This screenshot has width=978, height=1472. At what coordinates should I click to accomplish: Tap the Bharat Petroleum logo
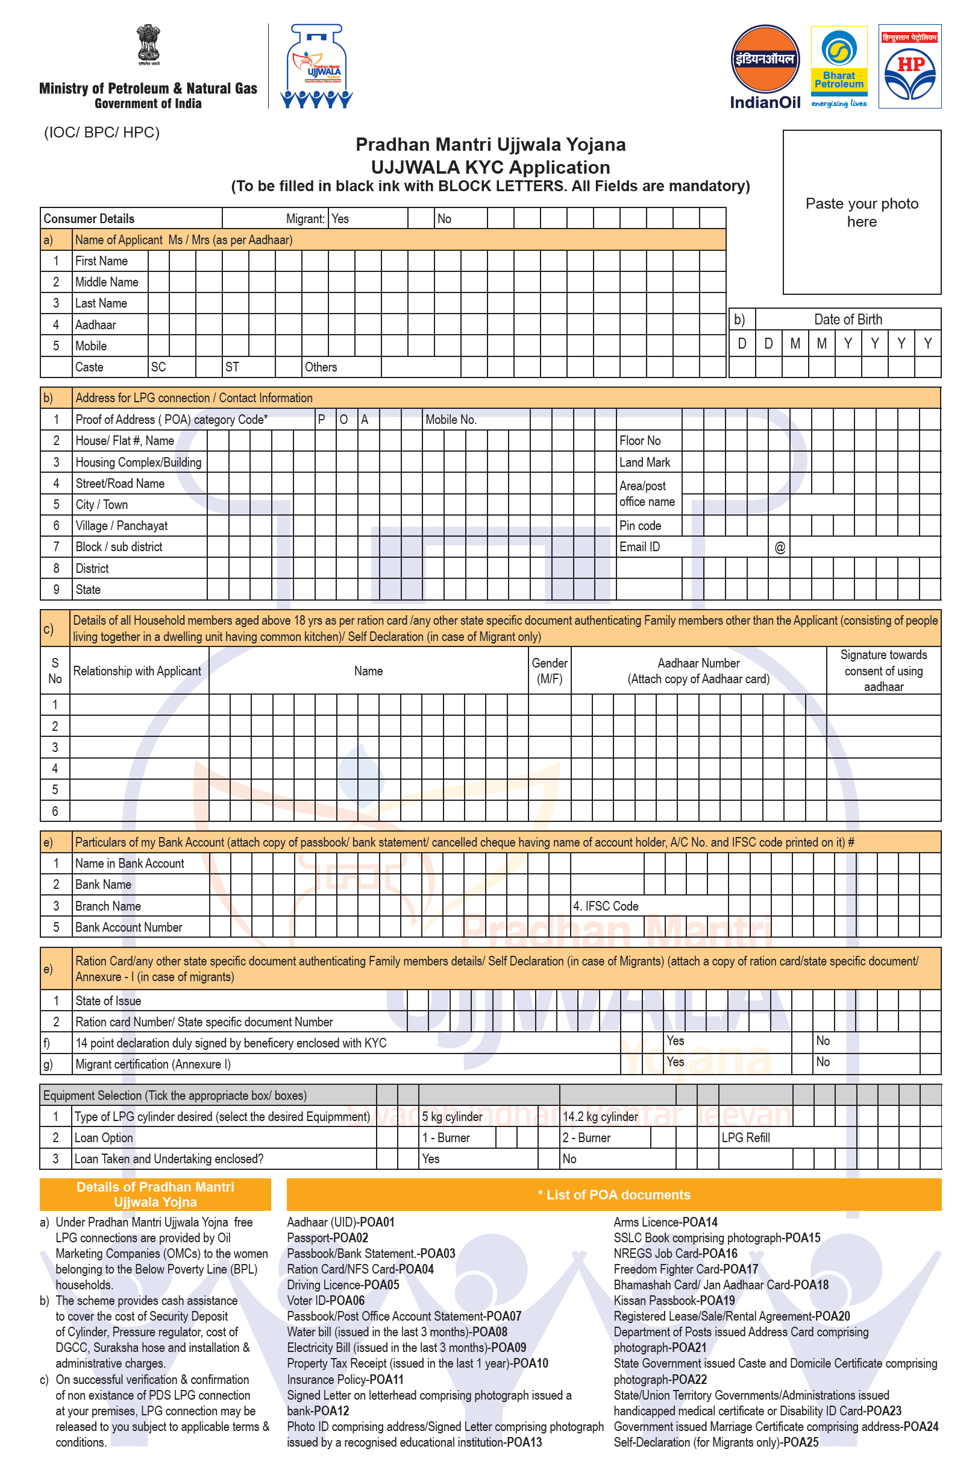[838, 66]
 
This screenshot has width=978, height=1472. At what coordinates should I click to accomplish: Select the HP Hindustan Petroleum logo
[909, 66]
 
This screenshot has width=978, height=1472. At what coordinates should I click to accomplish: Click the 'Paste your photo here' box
[861, 212]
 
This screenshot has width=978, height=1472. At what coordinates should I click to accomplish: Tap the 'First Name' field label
[101, 261]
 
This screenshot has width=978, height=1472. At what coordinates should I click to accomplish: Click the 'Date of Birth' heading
[848, 320]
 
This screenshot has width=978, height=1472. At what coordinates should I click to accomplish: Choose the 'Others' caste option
[321, 367]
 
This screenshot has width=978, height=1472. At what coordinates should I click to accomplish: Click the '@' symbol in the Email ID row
[780, 547]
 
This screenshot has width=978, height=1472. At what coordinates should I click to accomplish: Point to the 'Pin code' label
[640, 525]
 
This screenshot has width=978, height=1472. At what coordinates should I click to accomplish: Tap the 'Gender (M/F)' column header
[549, 670]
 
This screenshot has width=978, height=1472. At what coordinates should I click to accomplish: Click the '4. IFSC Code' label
[606, 906]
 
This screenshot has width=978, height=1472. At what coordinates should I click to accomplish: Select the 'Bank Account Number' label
[128, 927]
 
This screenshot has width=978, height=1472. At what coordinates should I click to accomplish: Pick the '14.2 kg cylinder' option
[600, 1116]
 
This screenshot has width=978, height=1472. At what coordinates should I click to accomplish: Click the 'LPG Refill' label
[745, 1137]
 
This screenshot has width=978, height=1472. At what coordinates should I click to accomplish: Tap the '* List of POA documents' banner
[614, 1195]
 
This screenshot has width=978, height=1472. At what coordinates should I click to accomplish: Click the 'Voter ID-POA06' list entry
[325, 1300]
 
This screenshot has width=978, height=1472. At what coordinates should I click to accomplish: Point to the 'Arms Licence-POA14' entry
[665, 1222]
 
